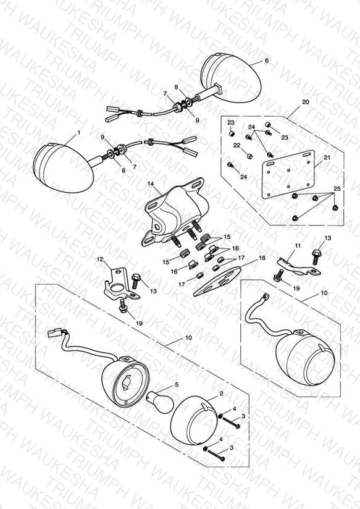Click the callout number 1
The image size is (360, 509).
tap(78, 133)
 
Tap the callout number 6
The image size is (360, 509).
tap(267, 61)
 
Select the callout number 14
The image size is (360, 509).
tap(151, 184)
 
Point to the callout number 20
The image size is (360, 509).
tap(306, 102)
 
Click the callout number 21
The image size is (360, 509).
tap(327, 158)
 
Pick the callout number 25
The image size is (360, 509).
tap(337, 188)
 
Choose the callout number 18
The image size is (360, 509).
tap(262, 258)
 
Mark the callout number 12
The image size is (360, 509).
tap(100, 259)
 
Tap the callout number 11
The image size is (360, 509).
tap(298, 246)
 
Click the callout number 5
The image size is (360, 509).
tap(177, 385)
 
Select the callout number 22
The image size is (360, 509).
tap(237, 145)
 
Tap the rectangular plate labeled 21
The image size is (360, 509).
tap(288, 175)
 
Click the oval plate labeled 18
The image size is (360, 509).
tap(217, 281)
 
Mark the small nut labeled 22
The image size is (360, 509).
tap(249, 156)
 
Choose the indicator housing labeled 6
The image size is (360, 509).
tap(230, 78)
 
